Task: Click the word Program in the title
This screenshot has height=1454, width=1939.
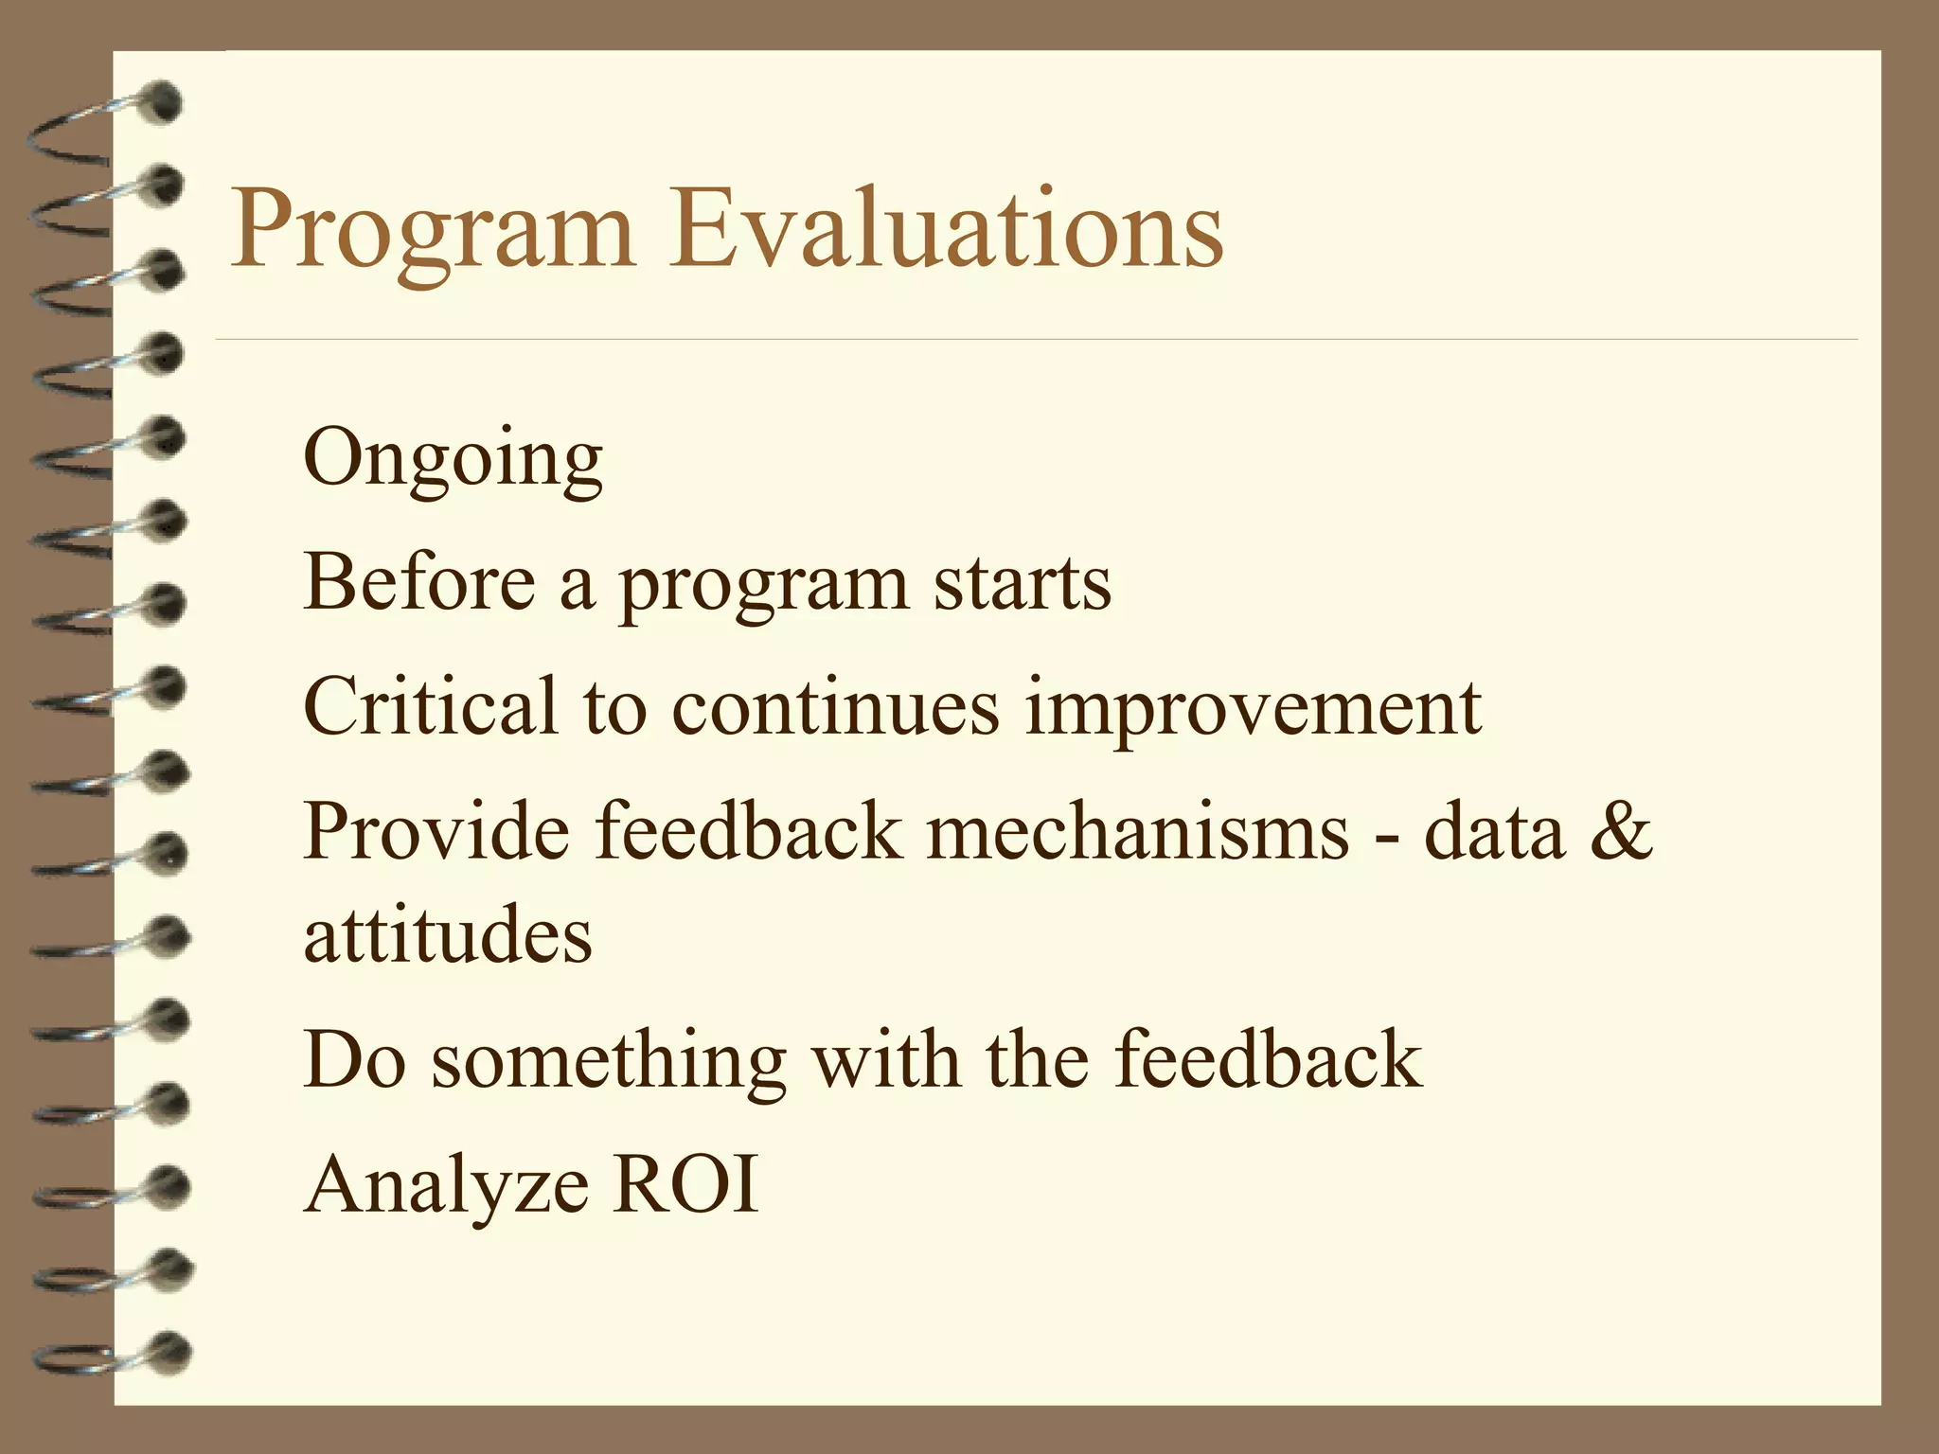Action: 431,232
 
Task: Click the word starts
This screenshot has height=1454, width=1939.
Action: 1023,584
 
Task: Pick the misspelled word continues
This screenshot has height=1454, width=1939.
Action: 835,708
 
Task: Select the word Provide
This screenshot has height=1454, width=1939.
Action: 436,831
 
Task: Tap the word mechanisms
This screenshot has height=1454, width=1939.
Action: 1137,831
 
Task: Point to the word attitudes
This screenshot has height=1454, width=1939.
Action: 448,934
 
